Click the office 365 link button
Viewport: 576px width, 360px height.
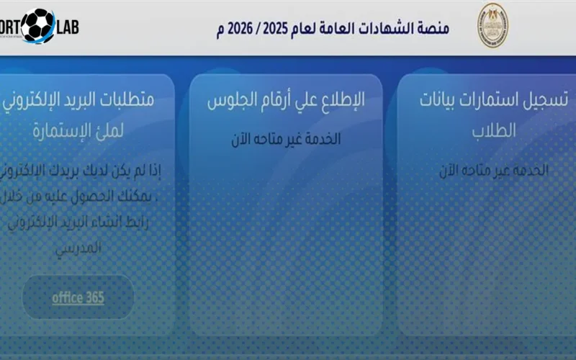78,297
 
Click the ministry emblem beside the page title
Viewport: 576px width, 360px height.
493,27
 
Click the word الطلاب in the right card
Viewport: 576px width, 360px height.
494,130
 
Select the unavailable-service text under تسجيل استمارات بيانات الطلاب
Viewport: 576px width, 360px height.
494,171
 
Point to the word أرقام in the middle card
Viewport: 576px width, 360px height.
284,101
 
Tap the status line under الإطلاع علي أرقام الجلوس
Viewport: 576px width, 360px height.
286,140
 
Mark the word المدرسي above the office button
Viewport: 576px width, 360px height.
78,247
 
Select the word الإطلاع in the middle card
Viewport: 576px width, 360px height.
340,101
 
